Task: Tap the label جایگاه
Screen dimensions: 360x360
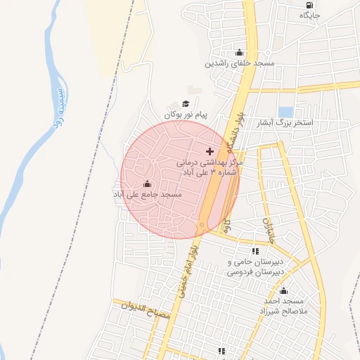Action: pyautogui.click(x=310, y=15)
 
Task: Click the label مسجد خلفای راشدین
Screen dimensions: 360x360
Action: pyautogui.click(x=239, y=63)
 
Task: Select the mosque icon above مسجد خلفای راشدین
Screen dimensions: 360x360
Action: pyautogui.click(x=239, y=52)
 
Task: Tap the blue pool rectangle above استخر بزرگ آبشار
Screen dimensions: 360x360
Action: pyautogui.click(x=285, y=112)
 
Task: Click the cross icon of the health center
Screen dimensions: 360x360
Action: pyautogui.click(x=210, y=151)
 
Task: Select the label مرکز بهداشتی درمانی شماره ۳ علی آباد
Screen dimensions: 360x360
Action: pyautogui.click(x=212, y=167)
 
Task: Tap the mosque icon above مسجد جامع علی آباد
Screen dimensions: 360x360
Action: pyautogui.click(x=146, y=184)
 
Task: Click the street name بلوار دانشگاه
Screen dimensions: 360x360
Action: pyautogui.click(x=236, y=134)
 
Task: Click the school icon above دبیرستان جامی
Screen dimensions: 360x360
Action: pyautogui.click(x=255, y=251)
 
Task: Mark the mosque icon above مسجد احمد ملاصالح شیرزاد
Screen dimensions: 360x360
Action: pyautogui.click(x=284, y=291)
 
